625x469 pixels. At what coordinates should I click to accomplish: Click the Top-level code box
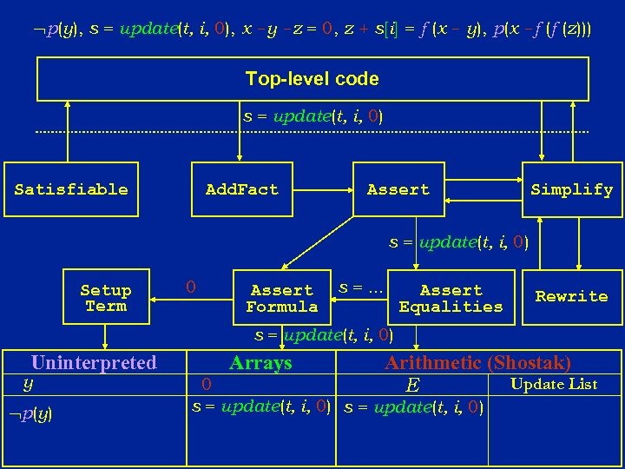312,79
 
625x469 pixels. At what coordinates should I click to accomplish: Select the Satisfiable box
71,189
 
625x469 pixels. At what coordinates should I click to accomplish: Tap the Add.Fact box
241,189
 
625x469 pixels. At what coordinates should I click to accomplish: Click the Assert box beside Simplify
398,189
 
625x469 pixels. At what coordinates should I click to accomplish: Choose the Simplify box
571,189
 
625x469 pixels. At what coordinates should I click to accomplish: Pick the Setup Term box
106,298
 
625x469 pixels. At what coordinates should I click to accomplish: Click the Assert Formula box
282,298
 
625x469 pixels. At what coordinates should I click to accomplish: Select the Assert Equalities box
451,298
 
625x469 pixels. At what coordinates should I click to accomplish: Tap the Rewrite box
571,296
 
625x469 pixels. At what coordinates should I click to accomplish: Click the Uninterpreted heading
94,363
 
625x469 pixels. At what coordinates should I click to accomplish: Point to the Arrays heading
260,363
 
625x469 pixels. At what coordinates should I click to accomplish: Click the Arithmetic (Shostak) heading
477,363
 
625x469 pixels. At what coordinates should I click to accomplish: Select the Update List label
554,384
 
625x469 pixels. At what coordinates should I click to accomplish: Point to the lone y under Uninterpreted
28,382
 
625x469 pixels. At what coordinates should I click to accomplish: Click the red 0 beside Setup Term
191,286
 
